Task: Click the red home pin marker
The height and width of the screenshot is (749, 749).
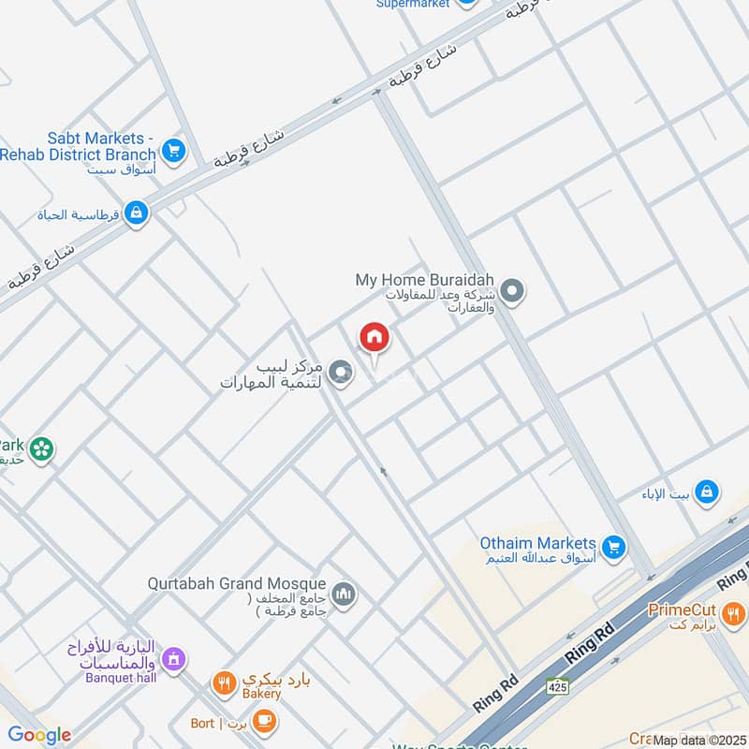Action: tap(374, 338)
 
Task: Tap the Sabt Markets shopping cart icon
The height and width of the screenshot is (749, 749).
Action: tap(172, 149)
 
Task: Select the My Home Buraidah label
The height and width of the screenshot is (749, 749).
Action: tap(425, 280)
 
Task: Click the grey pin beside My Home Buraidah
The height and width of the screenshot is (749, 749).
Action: tap(511, 292)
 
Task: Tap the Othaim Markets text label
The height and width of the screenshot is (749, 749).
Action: tap(537, 544)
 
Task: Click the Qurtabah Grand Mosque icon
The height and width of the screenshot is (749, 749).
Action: tap(345, 595)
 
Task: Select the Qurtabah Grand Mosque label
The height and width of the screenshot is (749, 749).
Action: tap(236, 583)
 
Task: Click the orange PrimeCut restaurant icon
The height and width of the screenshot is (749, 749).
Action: tap(733, 614)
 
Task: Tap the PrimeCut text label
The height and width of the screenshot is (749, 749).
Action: tap(682, 610)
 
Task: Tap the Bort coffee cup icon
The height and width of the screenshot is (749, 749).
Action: tap(265, 721)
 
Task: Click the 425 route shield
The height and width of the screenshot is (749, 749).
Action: tap(558, 686)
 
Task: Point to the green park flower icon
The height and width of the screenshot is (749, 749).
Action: tap(40, 450)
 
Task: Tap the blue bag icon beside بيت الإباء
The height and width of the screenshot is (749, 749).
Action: tap(708, 491)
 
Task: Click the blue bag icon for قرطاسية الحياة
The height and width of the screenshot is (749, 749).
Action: tap(137, 214)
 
